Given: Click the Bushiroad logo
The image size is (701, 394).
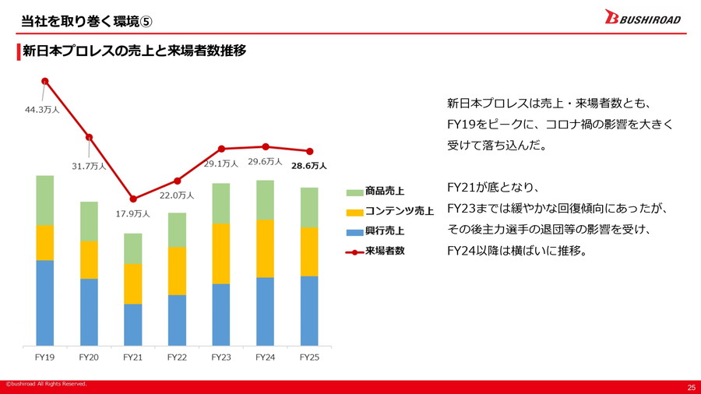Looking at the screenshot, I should [x=643, y=18].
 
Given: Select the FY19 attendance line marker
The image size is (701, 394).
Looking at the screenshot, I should [x=45, y=81].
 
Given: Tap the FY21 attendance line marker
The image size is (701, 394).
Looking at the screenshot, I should [x=133, y=199].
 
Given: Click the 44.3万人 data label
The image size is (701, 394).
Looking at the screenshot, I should [x=41, y=110].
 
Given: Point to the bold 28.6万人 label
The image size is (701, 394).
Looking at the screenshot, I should [x=309, y=166].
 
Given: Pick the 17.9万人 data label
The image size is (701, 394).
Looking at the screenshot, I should [x=133, y=213].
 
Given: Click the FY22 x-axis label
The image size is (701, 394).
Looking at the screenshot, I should [x=177, y=357].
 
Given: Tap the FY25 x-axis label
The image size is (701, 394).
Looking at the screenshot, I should [x=309, y=357].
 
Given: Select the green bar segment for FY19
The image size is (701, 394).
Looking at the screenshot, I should [x=45, y=200].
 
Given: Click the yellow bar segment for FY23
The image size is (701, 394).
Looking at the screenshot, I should [x=221, y=254].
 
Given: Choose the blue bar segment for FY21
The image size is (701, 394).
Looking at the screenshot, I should [x=133, y=325].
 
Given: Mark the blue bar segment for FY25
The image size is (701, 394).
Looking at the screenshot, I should [x=309, y=311].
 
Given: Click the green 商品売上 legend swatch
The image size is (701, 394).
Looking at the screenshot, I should [x=353, y=192].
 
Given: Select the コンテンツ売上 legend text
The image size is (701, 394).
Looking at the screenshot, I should [x=400, y=211].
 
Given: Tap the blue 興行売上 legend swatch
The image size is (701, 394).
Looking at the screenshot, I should [x=353, y=231].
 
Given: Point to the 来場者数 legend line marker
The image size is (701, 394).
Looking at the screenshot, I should [x=353, y=252].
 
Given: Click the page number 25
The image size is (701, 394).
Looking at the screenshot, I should [x=691, y=387].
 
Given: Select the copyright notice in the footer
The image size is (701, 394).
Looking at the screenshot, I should [x=47, y=384].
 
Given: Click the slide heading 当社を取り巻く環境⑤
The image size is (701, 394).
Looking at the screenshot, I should [x=76, y=17].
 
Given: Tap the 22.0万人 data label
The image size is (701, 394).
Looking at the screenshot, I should [x=177, y=195].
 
